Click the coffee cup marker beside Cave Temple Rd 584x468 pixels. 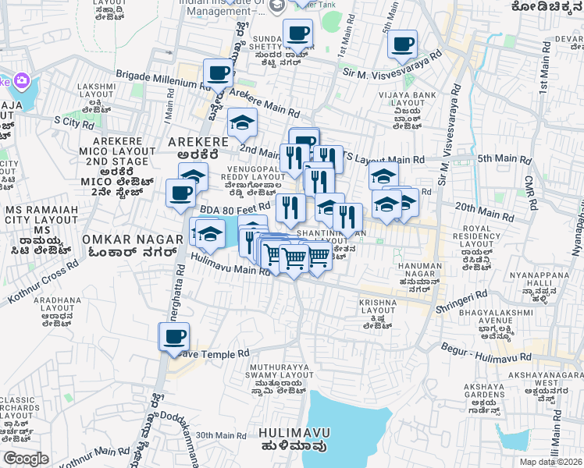(174, 337)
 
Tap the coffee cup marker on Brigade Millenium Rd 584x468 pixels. (218, 73)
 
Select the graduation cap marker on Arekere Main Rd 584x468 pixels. (243, 122)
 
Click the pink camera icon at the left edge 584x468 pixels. (21, 80)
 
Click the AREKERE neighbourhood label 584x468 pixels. (198, 143)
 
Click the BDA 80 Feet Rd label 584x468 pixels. (234, 208)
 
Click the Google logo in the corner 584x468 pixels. (27, 459)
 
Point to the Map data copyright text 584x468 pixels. (550, 462)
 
